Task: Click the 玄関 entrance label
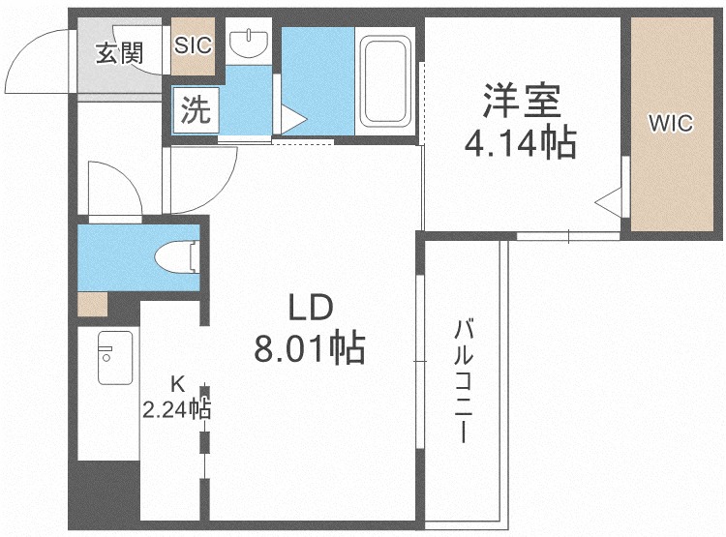pyautogui.click(x=120, y=53)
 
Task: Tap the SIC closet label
pyautogui.click(x=193, y=45)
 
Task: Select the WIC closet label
pyautogui.click(x=671, y=123)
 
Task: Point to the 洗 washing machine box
pyautogui.click(x=196, y=110)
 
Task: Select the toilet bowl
pyautogui.click(x=177, y=256)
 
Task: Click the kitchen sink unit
pyautogui.click(x=115, y=357)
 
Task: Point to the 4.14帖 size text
pyautogui.click(x=521, y=142)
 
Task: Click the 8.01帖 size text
pyautogui.click(x=310, y=347)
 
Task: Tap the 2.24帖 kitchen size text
pyautogui.click(x=176, y=409)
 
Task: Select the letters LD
pyautogui.click(x=311, y=309)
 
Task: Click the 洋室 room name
pyautogui.click(x=522, y=100)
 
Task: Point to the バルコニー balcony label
pyautogui.click(x=464, y=380)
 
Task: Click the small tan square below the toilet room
pyautogui.click(x=93, y=304)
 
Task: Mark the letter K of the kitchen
pyautogui.click(x=177, y=384)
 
